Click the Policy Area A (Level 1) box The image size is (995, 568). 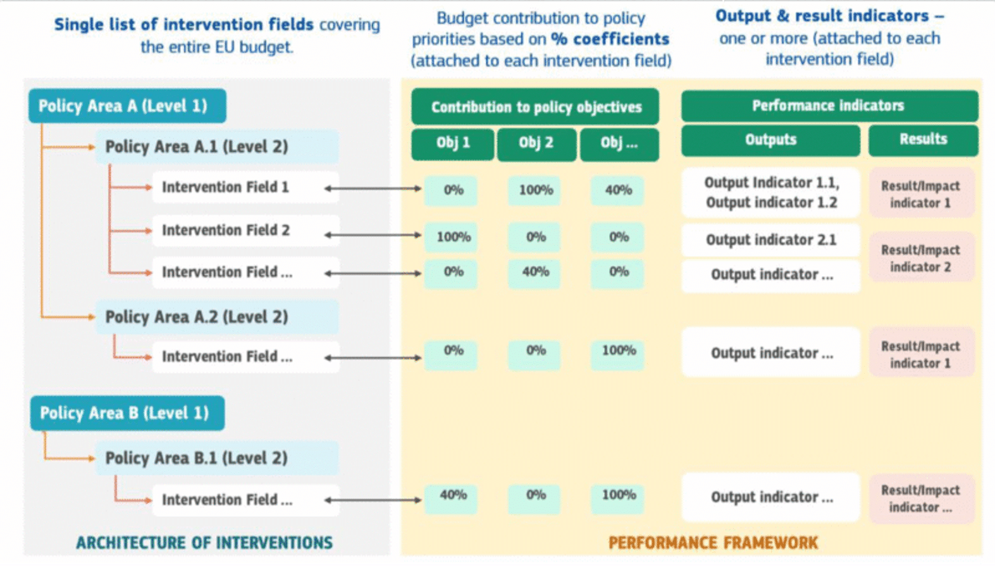pyautogui.click(x=127, y=106)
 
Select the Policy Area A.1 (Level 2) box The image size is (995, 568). pyautogui.click(x=216, y=147)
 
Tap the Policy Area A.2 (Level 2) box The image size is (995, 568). pyautogui.click(x=216, y=317)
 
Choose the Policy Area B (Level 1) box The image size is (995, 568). pyautogui.click(x=127, y=413)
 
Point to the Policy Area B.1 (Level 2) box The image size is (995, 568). pyautogui.click(x=216, y=458)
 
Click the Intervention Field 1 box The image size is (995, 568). pyautogui.click(x=245, y=187)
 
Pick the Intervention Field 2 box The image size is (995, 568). pyautogui.click(x=245, y=230)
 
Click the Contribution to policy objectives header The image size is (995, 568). pyautogui.click(x=535, y=107)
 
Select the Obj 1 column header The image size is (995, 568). pyautogui.click(x=452, y=143)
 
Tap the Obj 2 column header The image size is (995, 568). pyautogui.click(x=536, y=143)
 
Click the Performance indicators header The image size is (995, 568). pyautogui.click(x=829, y=106)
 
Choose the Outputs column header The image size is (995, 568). pyautogui.click(x=770, y=140)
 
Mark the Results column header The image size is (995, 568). pyautogui.click(x=923, y=139)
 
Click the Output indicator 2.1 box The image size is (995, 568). pyautogui.click(x=770, y=240)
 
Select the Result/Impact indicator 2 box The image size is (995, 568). pyautogui.click(x=920, y=258)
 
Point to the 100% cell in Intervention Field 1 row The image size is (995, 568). pyautogui.click(x=535, y=190)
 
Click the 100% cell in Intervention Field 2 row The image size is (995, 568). pyautogui.click(x=452, y=237)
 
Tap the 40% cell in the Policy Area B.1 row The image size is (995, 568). pyautogui.click(x=452, y=495)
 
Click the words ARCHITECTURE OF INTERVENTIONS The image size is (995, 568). pyautogui.click(x=204, y=543)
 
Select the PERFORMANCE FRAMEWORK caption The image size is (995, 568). pyautogui.click(x=713, y=543)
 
